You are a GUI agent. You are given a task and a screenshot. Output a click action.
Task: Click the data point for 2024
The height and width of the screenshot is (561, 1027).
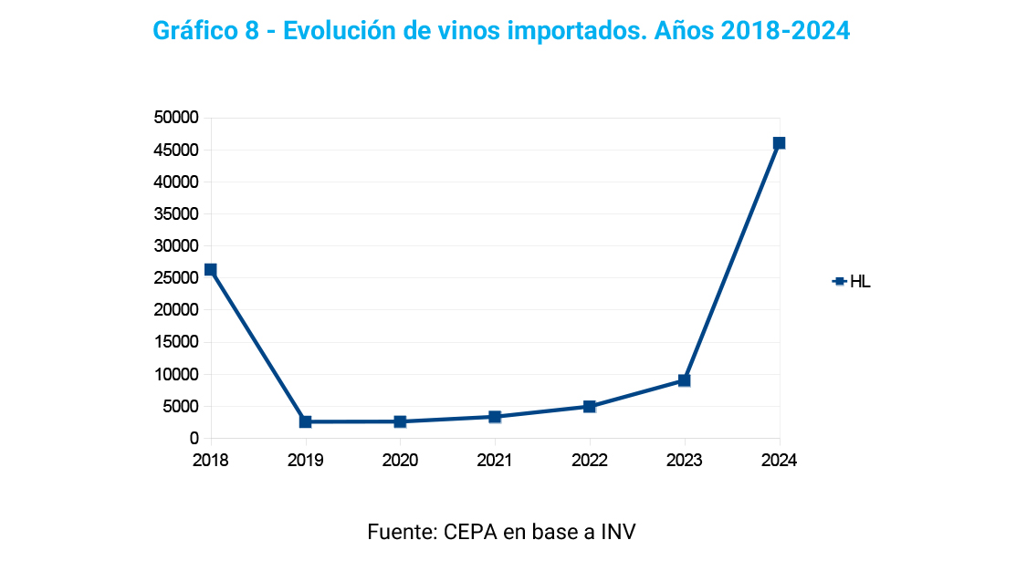pos(779,143)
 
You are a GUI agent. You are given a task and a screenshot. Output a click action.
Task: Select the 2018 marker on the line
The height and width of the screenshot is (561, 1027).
pos(211,270)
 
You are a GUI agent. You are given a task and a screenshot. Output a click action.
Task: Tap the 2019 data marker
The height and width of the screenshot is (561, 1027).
pos(306,421)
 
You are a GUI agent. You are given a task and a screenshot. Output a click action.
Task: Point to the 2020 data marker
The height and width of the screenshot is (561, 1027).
pos(400,421)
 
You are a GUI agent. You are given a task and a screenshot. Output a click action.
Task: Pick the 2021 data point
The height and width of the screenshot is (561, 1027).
pos(495,417)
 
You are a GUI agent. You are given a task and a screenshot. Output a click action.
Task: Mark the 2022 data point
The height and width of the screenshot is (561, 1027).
pos(590,407)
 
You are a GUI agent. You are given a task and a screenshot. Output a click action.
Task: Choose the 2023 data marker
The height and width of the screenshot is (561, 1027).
pos(684,380)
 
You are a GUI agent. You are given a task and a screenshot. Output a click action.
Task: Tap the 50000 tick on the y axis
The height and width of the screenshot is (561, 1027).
pos(175,118)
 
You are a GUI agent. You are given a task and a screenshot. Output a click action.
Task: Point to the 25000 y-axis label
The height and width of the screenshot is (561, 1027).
pos(175,278)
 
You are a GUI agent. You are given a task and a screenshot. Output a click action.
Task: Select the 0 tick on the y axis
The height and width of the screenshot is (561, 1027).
pos(194,439)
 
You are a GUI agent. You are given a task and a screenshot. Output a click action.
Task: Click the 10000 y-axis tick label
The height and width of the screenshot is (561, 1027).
pos(175,375)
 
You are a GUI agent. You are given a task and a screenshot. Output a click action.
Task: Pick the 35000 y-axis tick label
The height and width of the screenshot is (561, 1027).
pos(175,214)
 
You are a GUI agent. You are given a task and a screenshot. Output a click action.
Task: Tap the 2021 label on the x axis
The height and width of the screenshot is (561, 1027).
pos(495,461)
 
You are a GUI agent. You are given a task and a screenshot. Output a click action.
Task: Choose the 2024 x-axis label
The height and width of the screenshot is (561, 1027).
pos(779,461)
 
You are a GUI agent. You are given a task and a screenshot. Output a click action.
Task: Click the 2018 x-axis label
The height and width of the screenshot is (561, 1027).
pos(211,461)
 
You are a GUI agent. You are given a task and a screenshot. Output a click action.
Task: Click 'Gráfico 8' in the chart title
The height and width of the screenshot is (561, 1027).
pos(207,31)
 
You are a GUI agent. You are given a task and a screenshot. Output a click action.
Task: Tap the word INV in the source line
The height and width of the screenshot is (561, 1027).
pos(617,532)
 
